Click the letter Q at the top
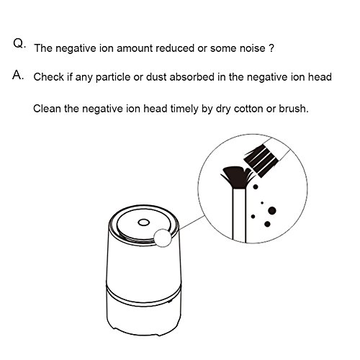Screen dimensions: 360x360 pos(18,43)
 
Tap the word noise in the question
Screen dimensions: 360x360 pos(252,48)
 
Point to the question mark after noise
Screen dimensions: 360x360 pos(271,48)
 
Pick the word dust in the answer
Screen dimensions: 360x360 pos(156,77)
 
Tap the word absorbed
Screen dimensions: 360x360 pos(192,77)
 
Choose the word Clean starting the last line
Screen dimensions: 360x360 pos(47,109)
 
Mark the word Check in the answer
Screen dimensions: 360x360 pos(49,77)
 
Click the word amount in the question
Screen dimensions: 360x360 pos(135,48)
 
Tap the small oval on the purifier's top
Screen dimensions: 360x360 pos(143,222)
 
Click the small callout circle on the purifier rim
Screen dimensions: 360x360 pos(163,238)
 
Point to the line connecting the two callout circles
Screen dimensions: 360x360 pos(192,222)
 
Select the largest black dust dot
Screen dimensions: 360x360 pos(272,211)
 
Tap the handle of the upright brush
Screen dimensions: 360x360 pos(239,215)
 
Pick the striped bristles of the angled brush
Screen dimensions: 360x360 pos(261,160)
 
